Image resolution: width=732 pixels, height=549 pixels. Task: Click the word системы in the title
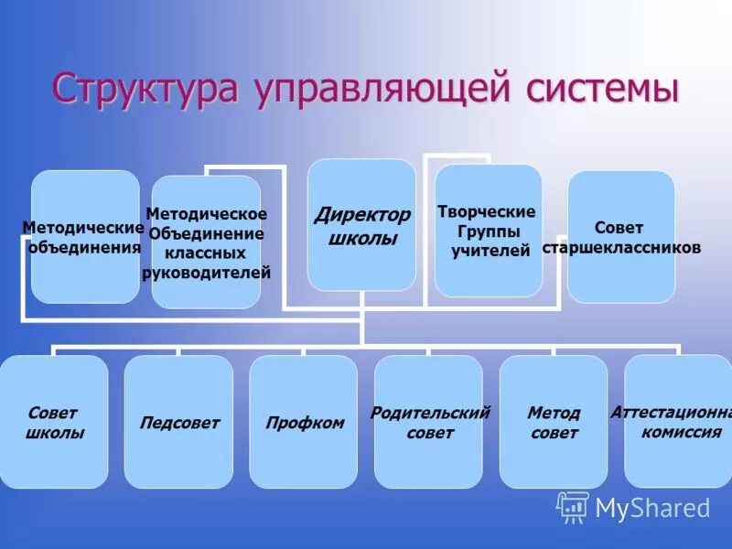pos(602,89)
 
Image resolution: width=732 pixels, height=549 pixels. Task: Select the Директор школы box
pos(361,225)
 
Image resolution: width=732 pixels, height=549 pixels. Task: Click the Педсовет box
pos(179,422)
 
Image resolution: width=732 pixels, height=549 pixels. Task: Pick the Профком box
pos(305,422)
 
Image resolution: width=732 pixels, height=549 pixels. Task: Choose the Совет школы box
pos(54,422)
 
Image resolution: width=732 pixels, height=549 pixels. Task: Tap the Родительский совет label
pos(429,422)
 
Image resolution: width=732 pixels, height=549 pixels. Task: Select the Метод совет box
pos(554,422)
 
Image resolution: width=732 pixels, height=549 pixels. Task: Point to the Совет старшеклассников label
pos(620,238)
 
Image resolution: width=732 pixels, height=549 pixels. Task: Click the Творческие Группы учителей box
pos(488,231)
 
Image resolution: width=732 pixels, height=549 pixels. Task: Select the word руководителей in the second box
pos(206,272)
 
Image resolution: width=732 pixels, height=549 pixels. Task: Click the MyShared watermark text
pos(652,508)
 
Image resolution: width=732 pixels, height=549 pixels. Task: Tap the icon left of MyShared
pos(572,507)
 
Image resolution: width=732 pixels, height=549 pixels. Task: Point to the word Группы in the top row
pos(486,231)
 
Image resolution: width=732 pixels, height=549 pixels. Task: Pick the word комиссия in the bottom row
pos(682,432)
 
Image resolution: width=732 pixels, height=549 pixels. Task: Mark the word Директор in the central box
pos(362,216)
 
